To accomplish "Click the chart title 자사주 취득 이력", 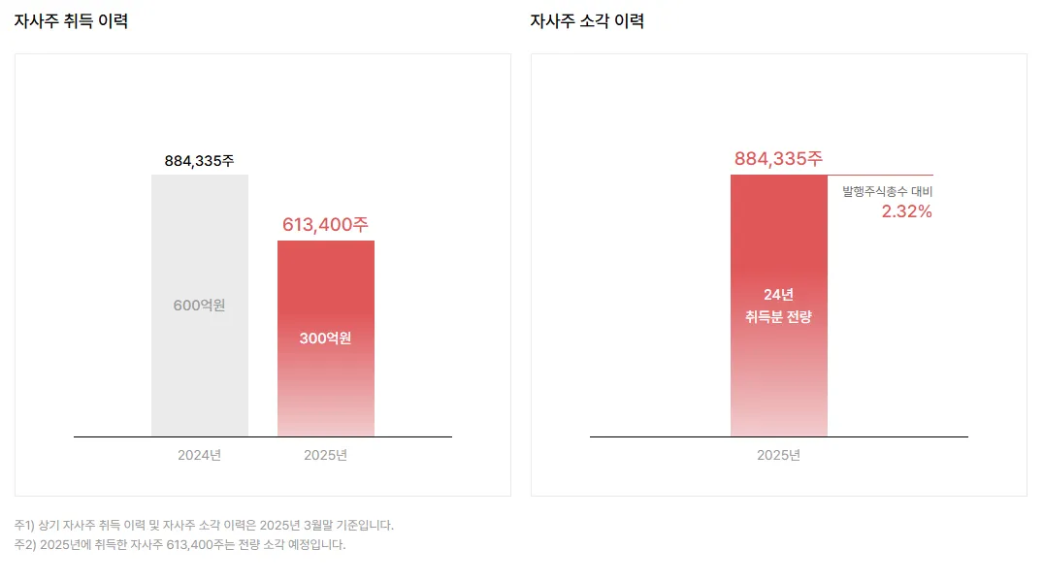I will coord(71,21).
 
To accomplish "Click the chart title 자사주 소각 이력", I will coord(587,21).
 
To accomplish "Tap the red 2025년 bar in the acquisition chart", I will coord(325,388).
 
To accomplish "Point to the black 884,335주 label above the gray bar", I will coord(199,161).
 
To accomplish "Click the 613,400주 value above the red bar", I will coord(325,225).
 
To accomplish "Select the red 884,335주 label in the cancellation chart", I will coord(778,159).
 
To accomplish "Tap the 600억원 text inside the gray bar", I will coord(199,306).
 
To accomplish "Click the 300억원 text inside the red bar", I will coord(325,339).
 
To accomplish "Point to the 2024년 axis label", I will coord(199,455).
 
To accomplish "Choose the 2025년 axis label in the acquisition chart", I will coord(325,455).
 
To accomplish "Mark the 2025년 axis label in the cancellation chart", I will coord(778,455).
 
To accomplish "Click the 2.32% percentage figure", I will coord(906,211).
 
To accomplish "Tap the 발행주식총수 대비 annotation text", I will coord(887,192).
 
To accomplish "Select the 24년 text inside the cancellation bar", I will coord(778,295).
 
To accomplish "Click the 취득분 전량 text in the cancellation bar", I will coord(778,316).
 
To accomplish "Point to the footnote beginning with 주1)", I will coord(204,525).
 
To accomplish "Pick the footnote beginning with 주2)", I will coord(179,544).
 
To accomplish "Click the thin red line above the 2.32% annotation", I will coord(881,176).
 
